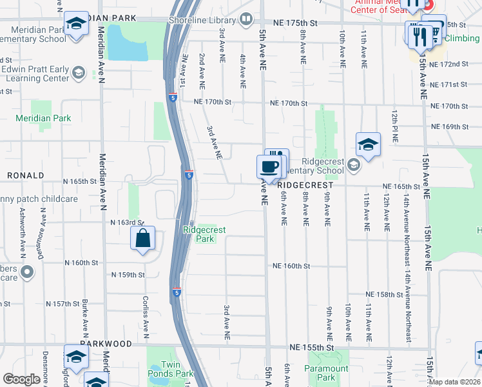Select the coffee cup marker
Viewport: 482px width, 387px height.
[269, 167]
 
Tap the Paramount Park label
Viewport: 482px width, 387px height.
[326, 373]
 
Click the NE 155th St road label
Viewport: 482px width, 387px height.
[312, 347]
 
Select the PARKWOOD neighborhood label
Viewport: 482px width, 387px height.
[106, 344]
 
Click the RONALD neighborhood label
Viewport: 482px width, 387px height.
[25, 175]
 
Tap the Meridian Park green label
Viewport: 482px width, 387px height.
[44, 118]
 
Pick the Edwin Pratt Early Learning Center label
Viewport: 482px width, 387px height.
[35, 74]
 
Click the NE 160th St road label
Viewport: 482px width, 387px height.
[291, 266]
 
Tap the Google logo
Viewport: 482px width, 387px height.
[21, 379]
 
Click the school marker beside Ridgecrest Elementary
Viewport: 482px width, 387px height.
[367, 144]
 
